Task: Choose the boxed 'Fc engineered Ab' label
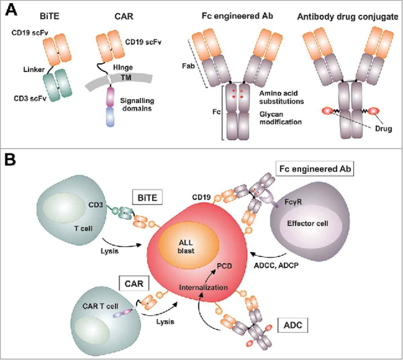[313, 169]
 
